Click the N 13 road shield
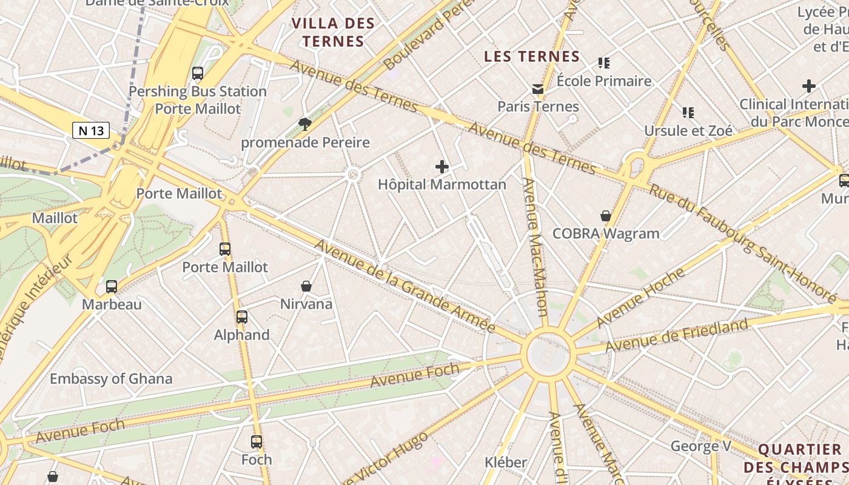pyautogui.click(x=91, y=130)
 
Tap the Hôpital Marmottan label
pyautogui.click(x=442, y=184)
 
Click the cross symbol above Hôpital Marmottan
pyautogui.click(x=442, y=166)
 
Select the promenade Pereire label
pyautogui.click(x=305, y=143)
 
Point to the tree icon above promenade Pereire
pyautogui.click(x=305, y=124)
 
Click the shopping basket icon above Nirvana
pyautogui.click(x=306, y=286)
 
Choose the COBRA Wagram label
pyautogui.click(x=606, y=233)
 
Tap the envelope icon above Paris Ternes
pyautogui.click(x=538, y=89)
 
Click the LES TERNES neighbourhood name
pyautogui.click(x=532, y=57)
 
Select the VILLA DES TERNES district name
pyautogui.click(x=333, y=33)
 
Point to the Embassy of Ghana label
pyautogui.click(x=111, y=379)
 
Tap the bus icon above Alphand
pyautogui.click(x=242, y=316)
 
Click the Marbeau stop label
pyautogui.click(x=112, y=304)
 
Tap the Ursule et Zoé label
pyautogui.click(x=688, y=130)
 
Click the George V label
pyautogui.click(x=700, y=447)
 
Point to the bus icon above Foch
pyautogui.click(x=257, y=442)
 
